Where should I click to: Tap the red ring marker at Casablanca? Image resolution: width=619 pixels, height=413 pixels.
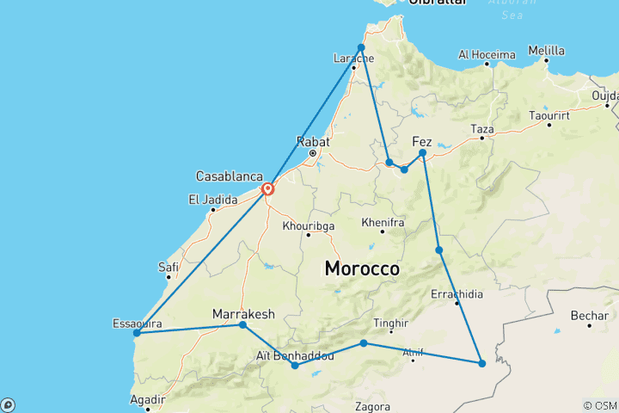(267, 189)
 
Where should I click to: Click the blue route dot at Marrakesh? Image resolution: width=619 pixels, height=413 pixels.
(243, 325)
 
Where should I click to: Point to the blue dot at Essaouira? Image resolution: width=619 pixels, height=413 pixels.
(137, 333)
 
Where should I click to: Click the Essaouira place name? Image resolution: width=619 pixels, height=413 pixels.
(137, 324)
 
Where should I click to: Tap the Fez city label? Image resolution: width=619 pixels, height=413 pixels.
(422, 141)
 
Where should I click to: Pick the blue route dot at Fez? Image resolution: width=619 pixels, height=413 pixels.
(423, 153)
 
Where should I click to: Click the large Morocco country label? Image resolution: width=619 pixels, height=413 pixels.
(362, 268)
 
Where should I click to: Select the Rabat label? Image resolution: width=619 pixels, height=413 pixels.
(309, 141)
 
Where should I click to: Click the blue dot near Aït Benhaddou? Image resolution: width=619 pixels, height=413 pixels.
(296, 366)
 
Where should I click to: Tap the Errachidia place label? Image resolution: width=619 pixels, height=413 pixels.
(457, 293)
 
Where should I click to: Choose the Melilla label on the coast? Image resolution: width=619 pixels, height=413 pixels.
(547, 51)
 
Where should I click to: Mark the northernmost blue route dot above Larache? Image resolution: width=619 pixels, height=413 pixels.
(362, 47)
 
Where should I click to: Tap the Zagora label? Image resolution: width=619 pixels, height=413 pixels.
(372, 406)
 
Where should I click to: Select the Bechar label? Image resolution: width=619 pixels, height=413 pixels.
(590, 317)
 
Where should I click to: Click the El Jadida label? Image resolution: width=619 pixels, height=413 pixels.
(211, 200)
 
